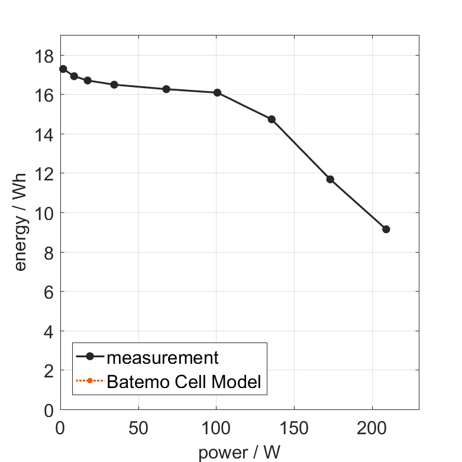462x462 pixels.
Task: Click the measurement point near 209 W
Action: (386, 229)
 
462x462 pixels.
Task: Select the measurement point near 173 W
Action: (330, 179)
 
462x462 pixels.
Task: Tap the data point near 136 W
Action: (272, 119)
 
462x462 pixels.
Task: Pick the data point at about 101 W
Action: (217, 92)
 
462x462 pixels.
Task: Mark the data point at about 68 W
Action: (166, 89)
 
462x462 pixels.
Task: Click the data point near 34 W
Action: (114, 85)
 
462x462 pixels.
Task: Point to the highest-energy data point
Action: (63, 69)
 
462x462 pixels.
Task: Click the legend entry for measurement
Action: (162, 357)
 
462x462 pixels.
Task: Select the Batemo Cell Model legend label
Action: (183, 382)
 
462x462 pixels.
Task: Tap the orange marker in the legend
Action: (90, 380)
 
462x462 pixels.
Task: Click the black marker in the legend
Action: (90, 356)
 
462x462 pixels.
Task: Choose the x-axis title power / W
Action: (239, 453)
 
